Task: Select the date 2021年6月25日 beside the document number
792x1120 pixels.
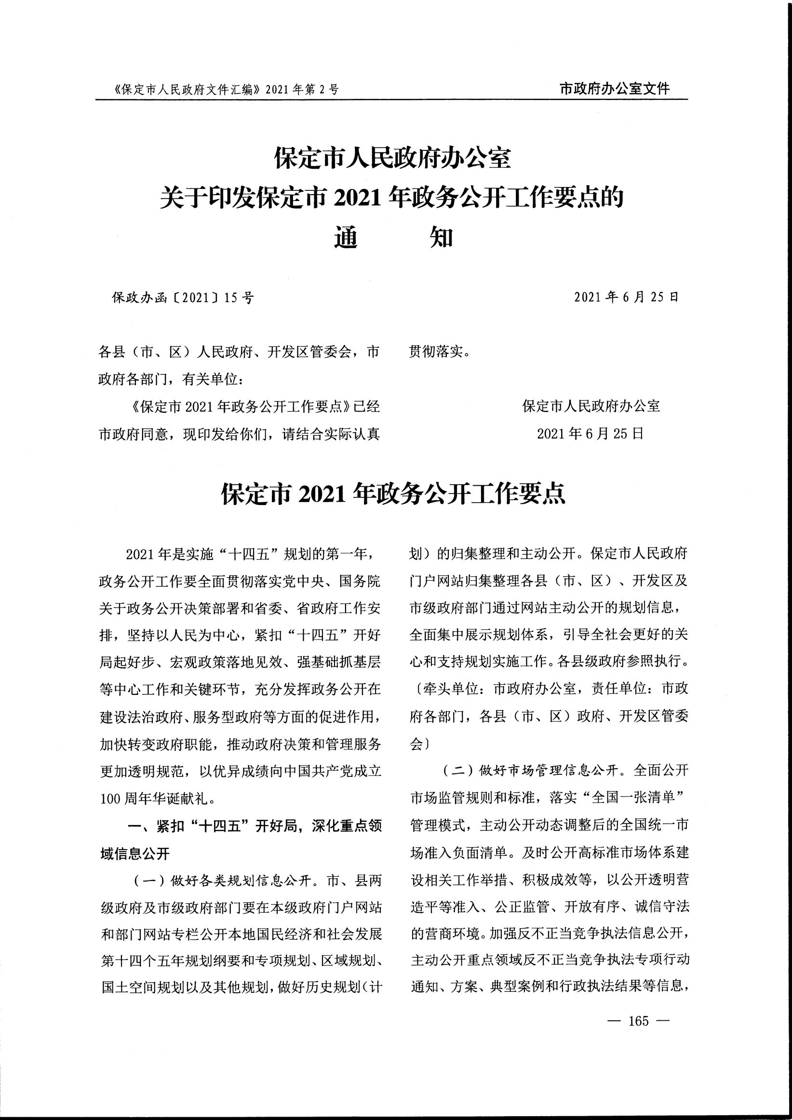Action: [x=626, y=297]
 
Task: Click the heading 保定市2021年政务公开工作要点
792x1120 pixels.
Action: [x=393, y=494]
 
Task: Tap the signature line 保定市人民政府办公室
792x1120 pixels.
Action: [x=591, y=406]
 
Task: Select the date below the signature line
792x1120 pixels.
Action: [x=591, y=433]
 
